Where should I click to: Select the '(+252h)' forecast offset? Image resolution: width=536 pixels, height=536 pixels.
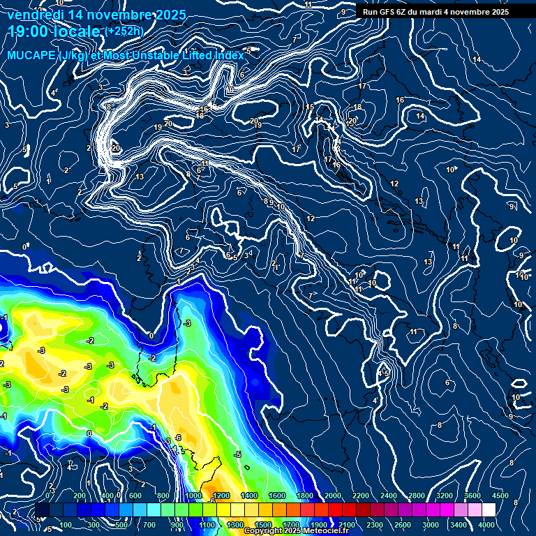point(124,31)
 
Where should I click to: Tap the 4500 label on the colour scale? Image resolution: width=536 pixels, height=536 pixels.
point(500,496)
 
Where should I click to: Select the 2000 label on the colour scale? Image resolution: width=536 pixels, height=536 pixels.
point(333,496)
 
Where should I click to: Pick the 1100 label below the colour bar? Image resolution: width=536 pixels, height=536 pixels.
point(207,525)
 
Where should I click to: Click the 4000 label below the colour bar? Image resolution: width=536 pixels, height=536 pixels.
point(487,525)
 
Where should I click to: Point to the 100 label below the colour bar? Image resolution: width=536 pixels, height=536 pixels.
point(67,525)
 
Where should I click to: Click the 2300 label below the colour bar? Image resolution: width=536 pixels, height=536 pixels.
point(375,525)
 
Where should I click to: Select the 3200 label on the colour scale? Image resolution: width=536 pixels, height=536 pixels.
point(445,496)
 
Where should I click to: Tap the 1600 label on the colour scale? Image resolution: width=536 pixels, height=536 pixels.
point(277,496)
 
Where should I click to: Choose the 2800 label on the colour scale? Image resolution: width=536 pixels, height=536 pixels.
point(417,496)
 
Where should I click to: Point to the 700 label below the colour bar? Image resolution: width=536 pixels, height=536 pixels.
point(151,525)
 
